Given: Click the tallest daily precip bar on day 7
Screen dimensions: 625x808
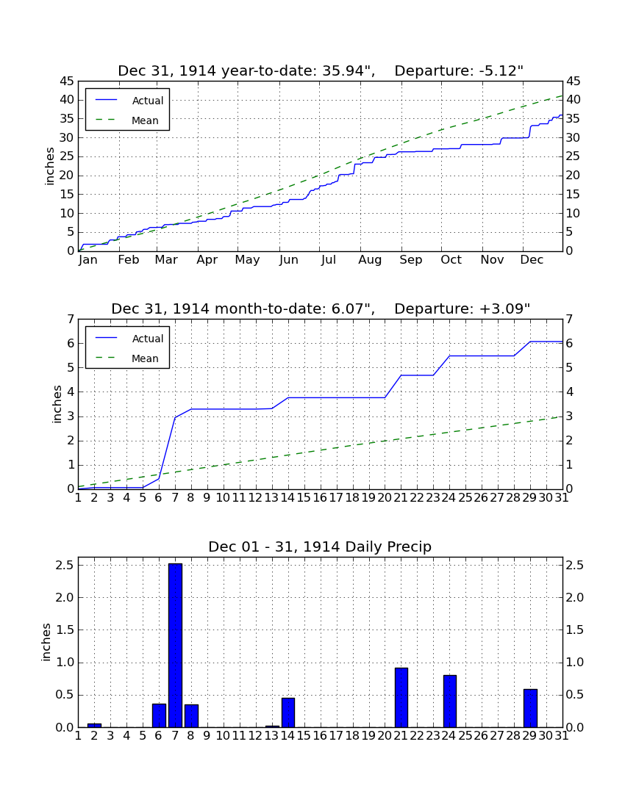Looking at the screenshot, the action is pyautogui.click(x=175, y=645).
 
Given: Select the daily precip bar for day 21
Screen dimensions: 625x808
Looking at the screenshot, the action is pyautogui.click(x=401, y=698).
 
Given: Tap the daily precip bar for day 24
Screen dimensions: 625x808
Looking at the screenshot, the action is pyautogui.click(x=450, y=701).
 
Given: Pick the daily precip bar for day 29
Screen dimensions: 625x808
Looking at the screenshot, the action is pyautogui.click(x=530, y=708).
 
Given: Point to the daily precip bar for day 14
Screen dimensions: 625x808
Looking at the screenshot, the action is pyautogui.click(x=288, y=713).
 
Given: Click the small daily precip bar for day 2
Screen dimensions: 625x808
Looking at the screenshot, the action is pyautogui.click(x=94, y=725).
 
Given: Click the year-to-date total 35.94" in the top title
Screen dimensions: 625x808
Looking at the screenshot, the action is pyautogui.click(x=348, y=71).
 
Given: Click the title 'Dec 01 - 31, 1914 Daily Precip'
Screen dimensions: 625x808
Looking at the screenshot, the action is pyautogui.click(x=320, y=547).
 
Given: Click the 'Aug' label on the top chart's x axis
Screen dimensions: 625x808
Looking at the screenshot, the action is pyautogui.click(x=370, y=260).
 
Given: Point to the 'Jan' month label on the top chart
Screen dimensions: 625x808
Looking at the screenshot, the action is pyautogui.click(x=87, y=260).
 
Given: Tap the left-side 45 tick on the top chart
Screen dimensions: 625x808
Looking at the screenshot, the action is pyautogui.click(x=67, y=82).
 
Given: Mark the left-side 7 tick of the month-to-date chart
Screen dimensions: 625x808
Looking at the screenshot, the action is pyautogui.click(x=71, y=320).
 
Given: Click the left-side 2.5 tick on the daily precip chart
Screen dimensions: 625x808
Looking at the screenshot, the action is pyautogui.click(x=65, y=566).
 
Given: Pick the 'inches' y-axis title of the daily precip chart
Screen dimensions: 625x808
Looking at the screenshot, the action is pyautogui.click(x=47, y=642).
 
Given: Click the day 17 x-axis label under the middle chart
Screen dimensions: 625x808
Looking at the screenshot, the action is pyautogui.click(x=336, y=498).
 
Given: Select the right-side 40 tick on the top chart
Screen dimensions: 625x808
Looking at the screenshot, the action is pyautogui.click(x=574, y=100).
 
